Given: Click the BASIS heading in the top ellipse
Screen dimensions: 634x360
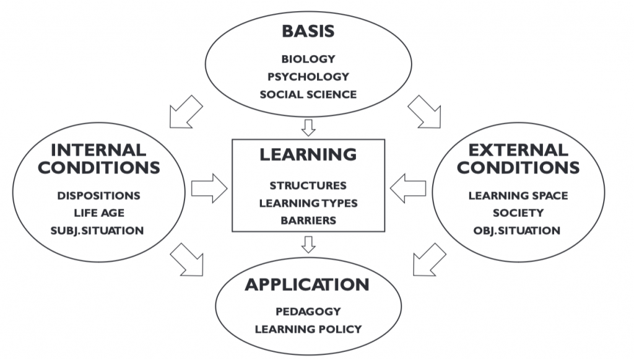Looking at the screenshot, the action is pyautogui.click(x=308, y=31).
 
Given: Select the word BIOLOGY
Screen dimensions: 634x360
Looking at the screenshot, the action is pyautogui.click(x=308, y=59).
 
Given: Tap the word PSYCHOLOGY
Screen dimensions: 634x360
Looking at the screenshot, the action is pyautogui.click(x=308, y=77).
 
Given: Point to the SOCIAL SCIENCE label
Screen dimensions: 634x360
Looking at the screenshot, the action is pyautogui.click(x=308, y=95).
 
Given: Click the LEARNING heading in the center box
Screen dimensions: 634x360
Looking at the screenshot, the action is pyautogui.click(x=308, y=154).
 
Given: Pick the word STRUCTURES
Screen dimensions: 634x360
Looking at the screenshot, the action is pyautogui.click(x=308, y=186).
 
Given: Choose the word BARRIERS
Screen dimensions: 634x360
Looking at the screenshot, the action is pyautogui.click(x=308, y=221).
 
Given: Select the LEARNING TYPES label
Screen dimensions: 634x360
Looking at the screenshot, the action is pyautogui.click(x=308, y=203).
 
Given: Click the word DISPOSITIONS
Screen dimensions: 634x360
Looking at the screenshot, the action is pyautogui.click(x=98, y=196).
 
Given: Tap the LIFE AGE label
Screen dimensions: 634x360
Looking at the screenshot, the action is pyautogui.click(x=99, y=213).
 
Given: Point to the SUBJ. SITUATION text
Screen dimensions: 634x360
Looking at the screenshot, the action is pyautogui.click(x=97, y=230).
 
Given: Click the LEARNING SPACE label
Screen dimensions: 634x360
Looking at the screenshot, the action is pyautogui.click(x=518, y=196).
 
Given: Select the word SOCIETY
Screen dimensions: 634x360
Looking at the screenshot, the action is pyautogui.click(x=518, y=213).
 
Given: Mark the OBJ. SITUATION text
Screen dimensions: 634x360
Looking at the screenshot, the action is pyautogui.click(x=517, y=230).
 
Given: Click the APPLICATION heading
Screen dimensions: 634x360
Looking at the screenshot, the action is pyautogui.click(x=307, y=285).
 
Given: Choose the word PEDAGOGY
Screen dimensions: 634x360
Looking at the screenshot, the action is pyautogui.click(x=308, y=312).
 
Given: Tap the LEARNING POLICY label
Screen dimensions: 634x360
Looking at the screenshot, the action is pyautogui.click(x=308, y=329).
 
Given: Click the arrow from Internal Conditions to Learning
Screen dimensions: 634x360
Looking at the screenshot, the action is pyautogui.click(x=209, y=188).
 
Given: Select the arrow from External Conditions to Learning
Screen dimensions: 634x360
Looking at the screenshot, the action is pyautogui.click(x=408, y=188).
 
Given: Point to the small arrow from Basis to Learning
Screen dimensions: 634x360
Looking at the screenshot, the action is pyautogui.click(x=308, y=128).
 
